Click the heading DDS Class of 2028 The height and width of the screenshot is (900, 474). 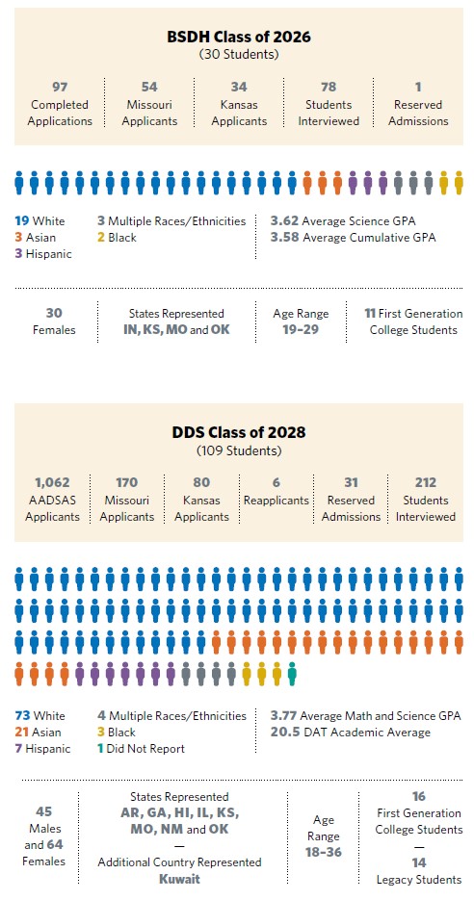(x=237, y=432)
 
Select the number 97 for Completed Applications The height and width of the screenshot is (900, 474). (x=59, y=88)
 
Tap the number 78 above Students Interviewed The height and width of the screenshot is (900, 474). (x=329, y=88)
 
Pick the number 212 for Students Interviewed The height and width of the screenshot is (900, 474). (x=425, y=482)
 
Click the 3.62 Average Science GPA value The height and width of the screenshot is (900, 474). (x=285, y=220)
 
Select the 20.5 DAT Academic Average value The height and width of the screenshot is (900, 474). (x=285, y=733)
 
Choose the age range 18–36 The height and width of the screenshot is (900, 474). (x=323, y=847)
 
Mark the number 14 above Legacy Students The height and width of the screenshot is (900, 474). (x=419, y=862)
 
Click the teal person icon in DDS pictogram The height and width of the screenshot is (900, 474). (x=291, y=674)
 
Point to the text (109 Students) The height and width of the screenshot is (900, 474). (x=237, y=450)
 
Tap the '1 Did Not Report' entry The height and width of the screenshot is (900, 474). (x=141, y=749)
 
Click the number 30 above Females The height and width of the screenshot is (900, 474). (x=56, y=313)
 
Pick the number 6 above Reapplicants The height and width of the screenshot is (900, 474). (x=276, y=482)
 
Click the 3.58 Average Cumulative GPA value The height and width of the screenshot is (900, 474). (x=285, y=237)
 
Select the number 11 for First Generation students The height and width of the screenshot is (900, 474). (x=369, y=313)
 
